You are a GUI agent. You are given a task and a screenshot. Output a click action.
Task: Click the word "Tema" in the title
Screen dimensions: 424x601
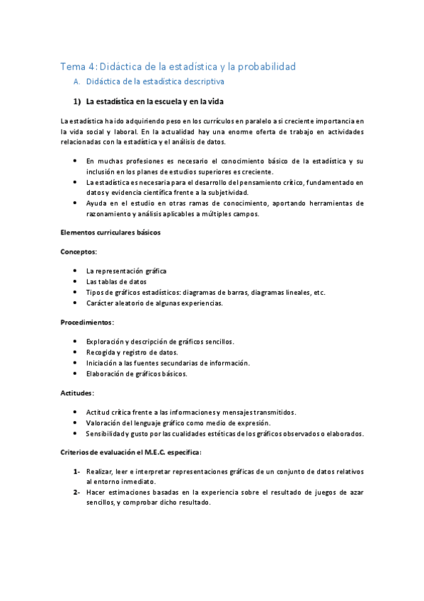(x=72, y=67)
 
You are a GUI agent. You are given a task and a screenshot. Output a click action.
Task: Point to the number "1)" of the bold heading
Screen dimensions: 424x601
(x=78, y=101)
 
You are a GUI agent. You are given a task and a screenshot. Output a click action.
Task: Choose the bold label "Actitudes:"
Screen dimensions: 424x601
(x=79, y=392)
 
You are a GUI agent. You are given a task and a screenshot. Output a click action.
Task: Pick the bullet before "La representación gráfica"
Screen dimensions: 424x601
(x=76, y=271)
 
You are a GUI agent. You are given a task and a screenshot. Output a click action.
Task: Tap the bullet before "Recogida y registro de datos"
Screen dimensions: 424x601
(x=76, y=352)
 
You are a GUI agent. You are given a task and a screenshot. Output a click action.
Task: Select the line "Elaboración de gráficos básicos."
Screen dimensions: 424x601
(x=137, y=373)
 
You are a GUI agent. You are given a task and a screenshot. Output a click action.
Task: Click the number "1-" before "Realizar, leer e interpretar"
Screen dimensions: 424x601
(x=76, y=471)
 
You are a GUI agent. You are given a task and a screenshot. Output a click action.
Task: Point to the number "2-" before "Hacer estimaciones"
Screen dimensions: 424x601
(x=76, y=492)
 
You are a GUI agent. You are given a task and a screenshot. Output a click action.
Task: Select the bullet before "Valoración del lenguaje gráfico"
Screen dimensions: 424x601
(x=76, y=422)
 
